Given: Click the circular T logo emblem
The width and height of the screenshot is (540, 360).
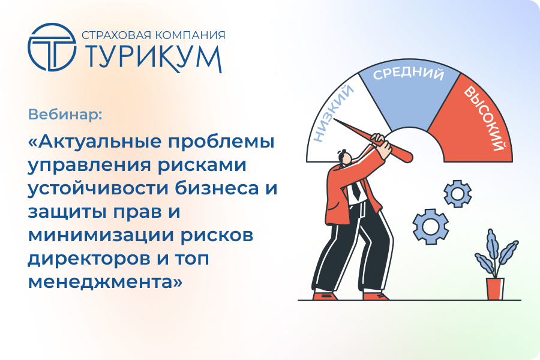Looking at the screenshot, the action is click(52, 47).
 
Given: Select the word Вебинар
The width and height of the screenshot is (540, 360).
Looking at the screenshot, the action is click(65, 115).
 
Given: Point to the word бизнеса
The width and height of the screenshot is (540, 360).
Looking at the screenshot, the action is click(217, 188).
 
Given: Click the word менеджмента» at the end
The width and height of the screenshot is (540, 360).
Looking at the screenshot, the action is click(105, 282).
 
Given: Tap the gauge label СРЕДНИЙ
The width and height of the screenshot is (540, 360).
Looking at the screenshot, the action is click(409, 73).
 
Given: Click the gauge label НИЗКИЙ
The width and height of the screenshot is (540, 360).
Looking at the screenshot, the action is click(334, 113).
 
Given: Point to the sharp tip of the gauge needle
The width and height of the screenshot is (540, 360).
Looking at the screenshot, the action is click(334, 119).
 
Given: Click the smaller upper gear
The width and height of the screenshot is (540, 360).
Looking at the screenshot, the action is click(457, 194).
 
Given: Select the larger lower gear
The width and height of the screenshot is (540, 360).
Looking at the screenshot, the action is click(430, 226).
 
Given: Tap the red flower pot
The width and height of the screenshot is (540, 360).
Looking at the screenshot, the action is click(495, 289).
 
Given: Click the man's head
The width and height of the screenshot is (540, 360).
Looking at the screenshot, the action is click(344, 157).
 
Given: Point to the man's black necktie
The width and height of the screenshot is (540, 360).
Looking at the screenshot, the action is click(355, 191).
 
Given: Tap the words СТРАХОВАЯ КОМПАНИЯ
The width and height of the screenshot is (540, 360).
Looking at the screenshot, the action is click(154, 35).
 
